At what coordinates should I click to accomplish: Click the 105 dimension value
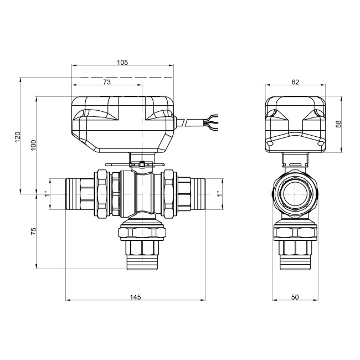(122, 63)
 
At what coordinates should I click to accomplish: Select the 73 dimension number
(107, 81)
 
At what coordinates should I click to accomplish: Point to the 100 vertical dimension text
(33, 146)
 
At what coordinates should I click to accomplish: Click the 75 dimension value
(33, 231)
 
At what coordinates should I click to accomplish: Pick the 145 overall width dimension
(135, 297)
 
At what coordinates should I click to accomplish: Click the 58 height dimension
(338, 124)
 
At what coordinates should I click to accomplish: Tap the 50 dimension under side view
(295, 297)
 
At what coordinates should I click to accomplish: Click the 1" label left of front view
(46, 194)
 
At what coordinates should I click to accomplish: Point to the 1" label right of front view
(218, 194)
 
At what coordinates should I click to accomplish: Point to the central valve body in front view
(136, 194)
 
